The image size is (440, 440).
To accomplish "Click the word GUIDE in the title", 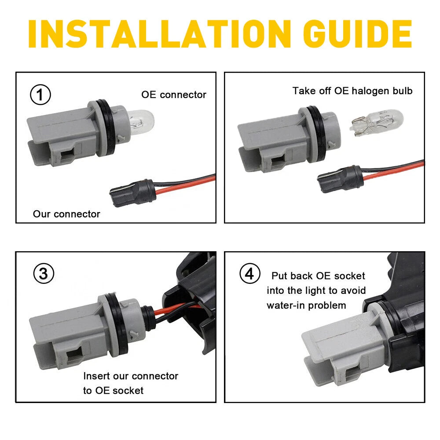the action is (357, 34).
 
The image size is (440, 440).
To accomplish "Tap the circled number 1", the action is (40, 95).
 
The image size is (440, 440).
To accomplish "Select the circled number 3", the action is (44, 274).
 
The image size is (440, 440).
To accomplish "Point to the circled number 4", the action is (250, 274).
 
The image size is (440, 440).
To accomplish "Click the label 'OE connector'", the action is (174, 95).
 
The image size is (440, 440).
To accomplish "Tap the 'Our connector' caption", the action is (66, 214).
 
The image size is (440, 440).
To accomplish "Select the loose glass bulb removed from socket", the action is (376, 123).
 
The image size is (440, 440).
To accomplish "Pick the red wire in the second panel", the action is (393, 172).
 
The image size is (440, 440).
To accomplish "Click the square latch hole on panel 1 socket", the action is (66, 154).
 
